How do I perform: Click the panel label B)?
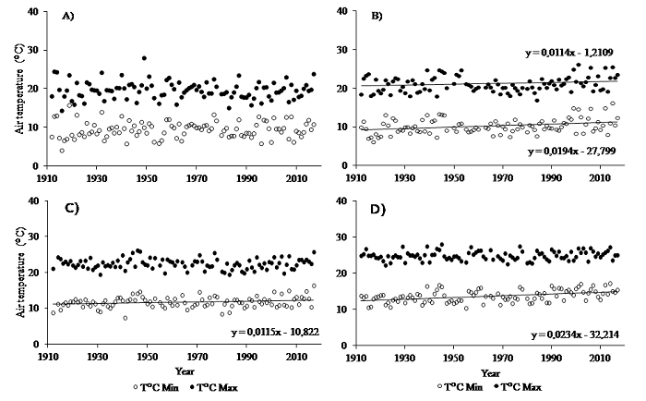click(x=377, y=18)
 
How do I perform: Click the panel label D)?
click(x=377, y=209)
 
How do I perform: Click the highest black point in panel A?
click(x=144, y=58)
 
